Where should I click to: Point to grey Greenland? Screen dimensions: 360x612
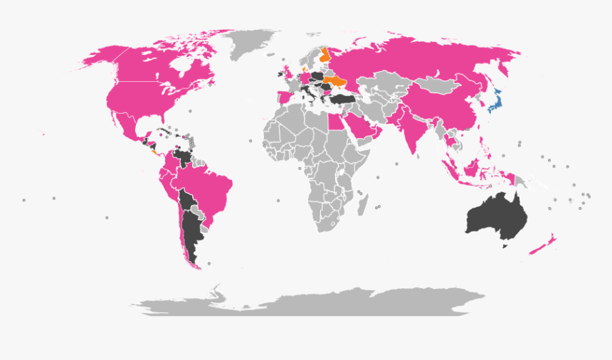click(251, 44)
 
